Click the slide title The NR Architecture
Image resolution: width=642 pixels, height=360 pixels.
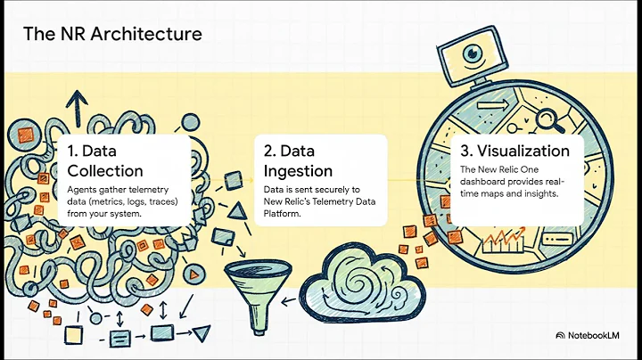click(112, 35)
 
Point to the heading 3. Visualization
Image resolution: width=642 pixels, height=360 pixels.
click(515, 151)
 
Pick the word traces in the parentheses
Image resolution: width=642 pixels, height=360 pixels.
click(153, 202)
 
